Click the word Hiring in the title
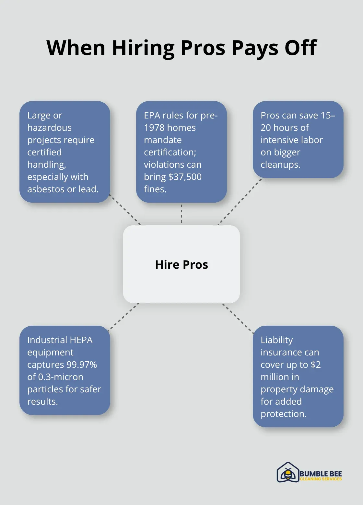pyautogui.click(x=143, y=48)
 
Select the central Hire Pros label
pyautogui.click(x=181, y=264)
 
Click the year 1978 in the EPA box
pyautogui.click(x=155, y=128)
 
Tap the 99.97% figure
pyautogui.click(x=81, y=365)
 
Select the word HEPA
pyautogui.click(x=81, y=340)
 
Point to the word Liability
pyautogui.click(x=276, y=340)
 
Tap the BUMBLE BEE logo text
pyautogui.click(x=321, y=474)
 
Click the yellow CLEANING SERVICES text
pyautogui.click(x=321, y=479)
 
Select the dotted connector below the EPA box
pyautogui.click(x=181, y=214)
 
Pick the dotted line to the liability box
pyautogui.click(x=238, y=318)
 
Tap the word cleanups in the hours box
pyautogui.click(x=280, y=164)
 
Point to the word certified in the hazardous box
pyautogui.click(x=44, y=152)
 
